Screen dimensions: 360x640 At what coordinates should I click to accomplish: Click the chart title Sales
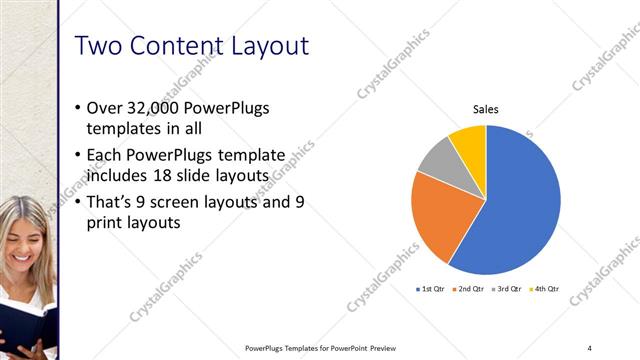pos(486,110)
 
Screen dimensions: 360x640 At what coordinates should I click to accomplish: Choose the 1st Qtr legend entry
pos(431,289)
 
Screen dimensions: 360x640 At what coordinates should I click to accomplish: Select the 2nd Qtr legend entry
pos(469,289)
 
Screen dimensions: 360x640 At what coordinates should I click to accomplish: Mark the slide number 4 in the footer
pos(589,347)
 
